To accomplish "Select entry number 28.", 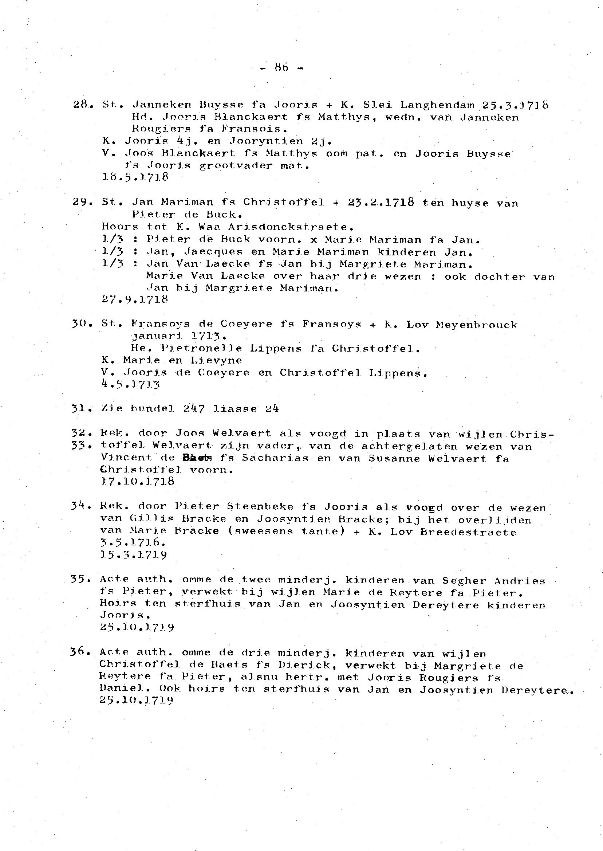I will (80, 105).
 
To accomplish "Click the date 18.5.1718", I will (135, 177).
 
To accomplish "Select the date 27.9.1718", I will (135, 299).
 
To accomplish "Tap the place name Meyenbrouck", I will (476, 325).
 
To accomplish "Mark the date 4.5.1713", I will (130, 384).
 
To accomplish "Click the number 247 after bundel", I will (193, 409).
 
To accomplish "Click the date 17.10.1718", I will (137, 482).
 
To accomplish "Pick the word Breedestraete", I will (468, 532).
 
